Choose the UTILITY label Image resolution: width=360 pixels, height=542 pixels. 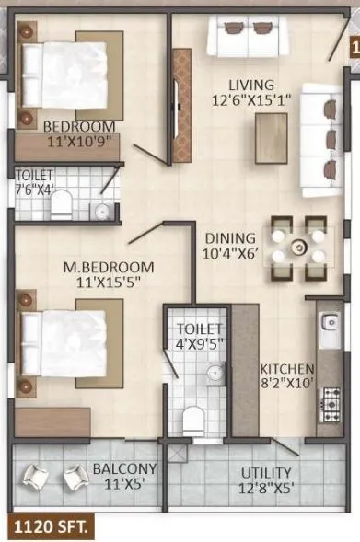(266, 473)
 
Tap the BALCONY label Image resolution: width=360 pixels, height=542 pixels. (124, 468)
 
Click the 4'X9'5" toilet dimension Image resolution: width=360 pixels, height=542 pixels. (200, 345)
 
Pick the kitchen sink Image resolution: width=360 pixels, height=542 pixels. (330, 324)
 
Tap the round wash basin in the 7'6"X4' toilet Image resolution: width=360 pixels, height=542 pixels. (102, 212)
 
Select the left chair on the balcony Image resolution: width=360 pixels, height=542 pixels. (38, 477)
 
